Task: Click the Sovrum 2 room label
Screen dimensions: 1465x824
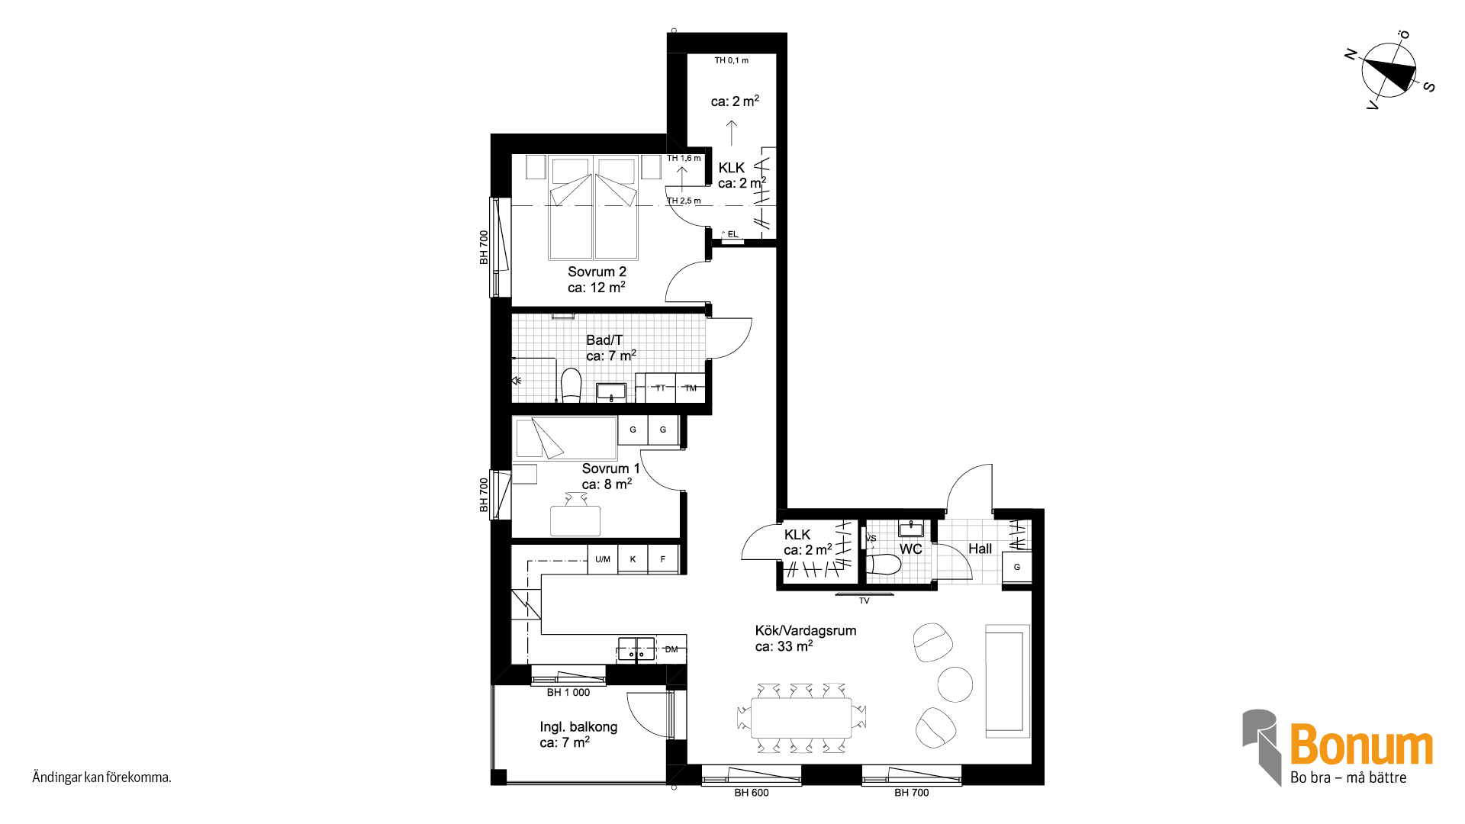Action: (597, 272)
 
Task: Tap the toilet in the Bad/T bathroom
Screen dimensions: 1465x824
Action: (571, 385)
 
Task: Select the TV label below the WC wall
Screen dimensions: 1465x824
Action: (865, 601)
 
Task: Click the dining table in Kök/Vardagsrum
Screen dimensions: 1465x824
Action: (801, 718)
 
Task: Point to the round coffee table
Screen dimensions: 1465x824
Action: (955, 684)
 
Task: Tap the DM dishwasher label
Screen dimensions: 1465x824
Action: (671, 649)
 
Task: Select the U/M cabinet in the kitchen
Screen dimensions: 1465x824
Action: (603, 559)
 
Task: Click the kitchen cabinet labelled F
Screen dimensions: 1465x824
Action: (663, 559)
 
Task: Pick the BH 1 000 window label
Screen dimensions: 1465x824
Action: (568, 693)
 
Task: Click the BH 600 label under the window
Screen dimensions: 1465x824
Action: (752, 793)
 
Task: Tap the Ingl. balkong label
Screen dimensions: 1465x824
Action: (578, 727)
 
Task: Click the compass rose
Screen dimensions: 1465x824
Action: (1389, 70)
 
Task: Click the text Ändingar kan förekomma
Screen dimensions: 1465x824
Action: (101, 777)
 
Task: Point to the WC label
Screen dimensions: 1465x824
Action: (911, 549)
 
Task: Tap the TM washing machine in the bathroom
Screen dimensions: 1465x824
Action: (691, 388)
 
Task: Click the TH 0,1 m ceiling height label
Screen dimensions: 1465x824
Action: (732, 60)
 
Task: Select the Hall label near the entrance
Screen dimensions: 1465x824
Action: (980, 549)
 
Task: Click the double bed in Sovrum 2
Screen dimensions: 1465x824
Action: (593, 208)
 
